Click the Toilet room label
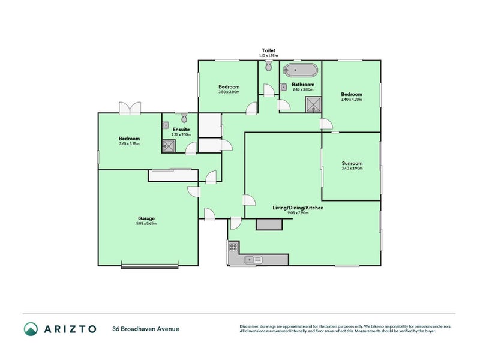click(268, 50)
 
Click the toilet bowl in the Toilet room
click(268, 68)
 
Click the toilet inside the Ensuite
click(184, 117)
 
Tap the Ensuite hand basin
click(166, 125)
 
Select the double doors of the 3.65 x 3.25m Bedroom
click(130, 108)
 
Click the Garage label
click(146, 218)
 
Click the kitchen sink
click(253, 259)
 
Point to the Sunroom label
click(352, 163)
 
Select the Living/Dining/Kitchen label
click(298, 207)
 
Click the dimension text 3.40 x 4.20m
click(352, 100)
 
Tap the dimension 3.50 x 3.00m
click(229, 92)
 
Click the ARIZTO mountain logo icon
click(31, 328)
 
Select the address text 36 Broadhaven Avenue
click(145, 328)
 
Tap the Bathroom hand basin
click(283, 87)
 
